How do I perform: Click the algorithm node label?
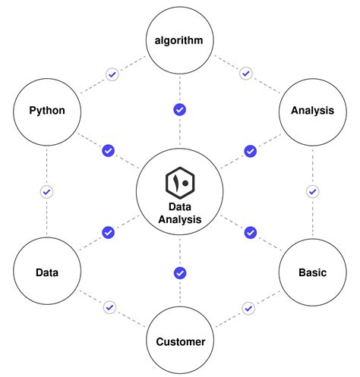click(180, 40)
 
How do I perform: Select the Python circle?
click(46, 111)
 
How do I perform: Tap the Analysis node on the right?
click(312, 111)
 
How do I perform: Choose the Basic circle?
click(312, 272)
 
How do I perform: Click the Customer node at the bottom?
click(180, 341)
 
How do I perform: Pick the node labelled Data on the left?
click(46, 272)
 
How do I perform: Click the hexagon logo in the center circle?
click(180, 183)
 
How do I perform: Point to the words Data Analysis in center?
click(180, 213)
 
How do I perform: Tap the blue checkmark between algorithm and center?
click(180, 109)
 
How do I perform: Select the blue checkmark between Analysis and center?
click(250, 151)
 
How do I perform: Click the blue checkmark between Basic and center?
click(250, 232)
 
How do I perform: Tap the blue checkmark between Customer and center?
click(180, 272)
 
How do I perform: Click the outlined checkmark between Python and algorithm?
click(112, 74)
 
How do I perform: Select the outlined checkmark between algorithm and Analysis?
click(245, 74)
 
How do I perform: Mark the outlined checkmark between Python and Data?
click(46, 192)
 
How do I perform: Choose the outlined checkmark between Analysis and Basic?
click(312, 192)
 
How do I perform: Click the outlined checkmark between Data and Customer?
click(110, 307)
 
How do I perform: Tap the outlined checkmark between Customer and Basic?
click(248, 307)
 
